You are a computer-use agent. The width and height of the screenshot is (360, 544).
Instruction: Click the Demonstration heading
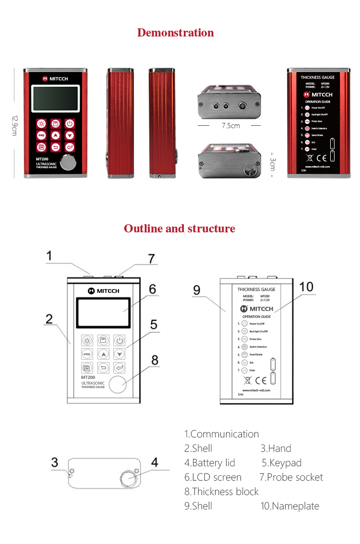point(176,33)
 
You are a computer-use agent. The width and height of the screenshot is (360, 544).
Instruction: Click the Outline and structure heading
point(180,229)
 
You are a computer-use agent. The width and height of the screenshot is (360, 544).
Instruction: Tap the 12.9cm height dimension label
point(14,125)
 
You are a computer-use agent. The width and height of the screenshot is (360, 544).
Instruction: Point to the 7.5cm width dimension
point(230,126)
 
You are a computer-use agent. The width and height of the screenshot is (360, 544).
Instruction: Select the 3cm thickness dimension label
point(272,163)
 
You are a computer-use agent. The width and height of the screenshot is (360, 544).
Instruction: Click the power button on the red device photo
point(70,123)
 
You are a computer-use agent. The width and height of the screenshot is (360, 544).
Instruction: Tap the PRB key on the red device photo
point(41,135)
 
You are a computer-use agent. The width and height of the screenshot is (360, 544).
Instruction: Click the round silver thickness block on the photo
point(70,163)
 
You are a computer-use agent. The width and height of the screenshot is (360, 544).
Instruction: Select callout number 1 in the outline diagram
point(49,256)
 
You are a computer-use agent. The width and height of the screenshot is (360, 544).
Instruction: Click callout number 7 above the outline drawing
point(152,259)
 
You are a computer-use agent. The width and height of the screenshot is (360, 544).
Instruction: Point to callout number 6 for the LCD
point(152,289)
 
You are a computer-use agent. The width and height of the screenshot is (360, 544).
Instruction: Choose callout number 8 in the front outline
point(155,360)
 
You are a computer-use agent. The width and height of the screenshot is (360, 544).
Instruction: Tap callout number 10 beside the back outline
point(306,287)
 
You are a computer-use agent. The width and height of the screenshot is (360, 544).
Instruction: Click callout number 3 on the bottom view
point(55,462)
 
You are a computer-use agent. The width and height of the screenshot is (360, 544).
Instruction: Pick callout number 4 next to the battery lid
point(155,462)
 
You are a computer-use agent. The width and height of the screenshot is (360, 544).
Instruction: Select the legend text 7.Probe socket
point(291,477)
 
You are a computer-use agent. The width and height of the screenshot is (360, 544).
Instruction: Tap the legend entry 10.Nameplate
point(290,506)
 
